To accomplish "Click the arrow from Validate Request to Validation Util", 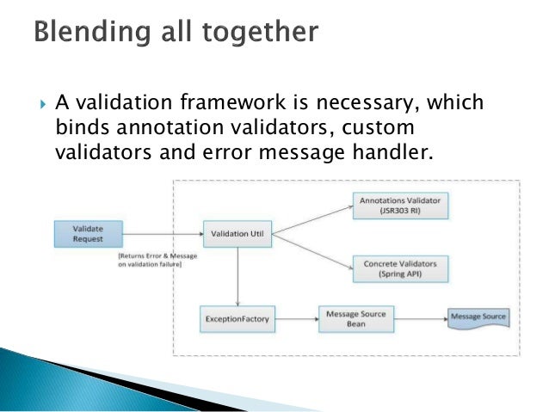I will click(163, 232).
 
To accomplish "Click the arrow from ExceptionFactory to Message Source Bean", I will click(293, 319).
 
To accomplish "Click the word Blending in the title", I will click(88, 34).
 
